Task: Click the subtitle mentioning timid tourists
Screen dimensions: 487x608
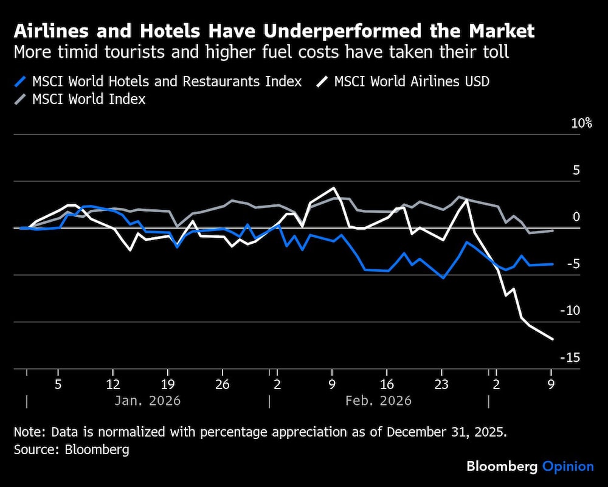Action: pyautogui.click(x=261, y=52)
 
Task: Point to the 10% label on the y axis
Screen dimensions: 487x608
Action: pyautogui.click(x=581, y=123)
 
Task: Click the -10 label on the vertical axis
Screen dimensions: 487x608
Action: pyautogui.click(x=570, y=311)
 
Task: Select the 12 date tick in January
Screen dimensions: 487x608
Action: pyautogui.click(x=113, y=385)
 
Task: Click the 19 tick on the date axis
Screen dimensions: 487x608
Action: pyautogui.click(x=168, y=385)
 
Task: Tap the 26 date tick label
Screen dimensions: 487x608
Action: pyautogui.click(x=223, y=385)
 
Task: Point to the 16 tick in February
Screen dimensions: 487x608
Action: pyautogui.click(x=387, y=385)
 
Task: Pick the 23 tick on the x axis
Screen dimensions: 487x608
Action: pyautogui.click(x=441, y=385)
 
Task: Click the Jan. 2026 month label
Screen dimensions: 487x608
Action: pyautogui.click(x=148, y=401)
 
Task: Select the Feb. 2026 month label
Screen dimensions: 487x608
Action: pyautogui.click(x=378, y=401)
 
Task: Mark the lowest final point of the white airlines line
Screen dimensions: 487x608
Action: pyautogui.click(x=552, y=339)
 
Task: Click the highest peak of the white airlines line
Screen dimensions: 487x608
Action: pyautogui.click(x=333, y=188)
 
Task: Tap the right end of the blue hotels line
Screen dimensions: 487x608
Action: pyautogui.click(x=552, y=264)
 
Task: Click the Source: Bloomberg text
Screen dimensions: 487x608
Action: pyautogui.click(x=72, y=450)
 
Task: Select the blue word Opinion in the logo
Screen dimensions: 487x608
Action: pyautogui.click(x=567, y=467)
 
